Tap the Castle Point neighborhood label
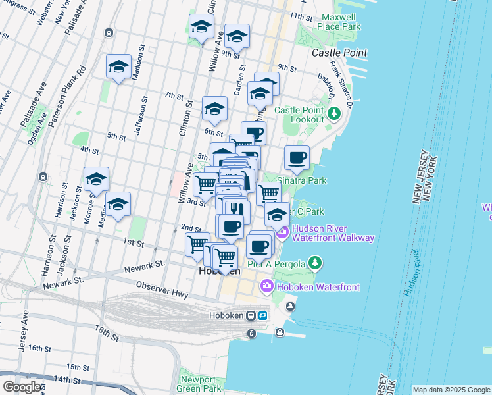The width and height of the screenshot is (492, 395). (x=339, y=52)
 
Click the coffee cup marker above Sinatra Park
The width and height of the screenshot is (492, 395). (x=297, y=158)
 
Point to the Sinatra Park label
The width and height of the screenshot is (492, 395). (x=302, y=180)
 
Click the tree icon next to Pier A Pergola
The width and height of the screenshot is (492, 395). (x=316, y=264)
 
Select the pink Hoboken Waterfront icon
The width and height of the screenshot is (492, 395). (x=266, y=286)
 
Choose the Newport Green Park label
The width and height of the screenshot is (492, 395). (x=198, y=384)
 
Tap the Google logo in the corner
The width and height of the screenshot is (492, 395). (x=22, y=387)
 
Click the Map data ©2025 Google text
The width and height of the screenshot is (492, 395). (x=451, y=390)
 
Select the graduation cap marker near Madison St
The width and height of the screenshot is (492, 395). (x=118, y=66)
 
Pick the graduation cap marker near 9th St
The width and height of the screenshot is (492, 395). (x=237, y=36)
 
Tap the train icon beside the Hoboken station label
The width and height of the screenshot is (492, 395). (x=251, y=315)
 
